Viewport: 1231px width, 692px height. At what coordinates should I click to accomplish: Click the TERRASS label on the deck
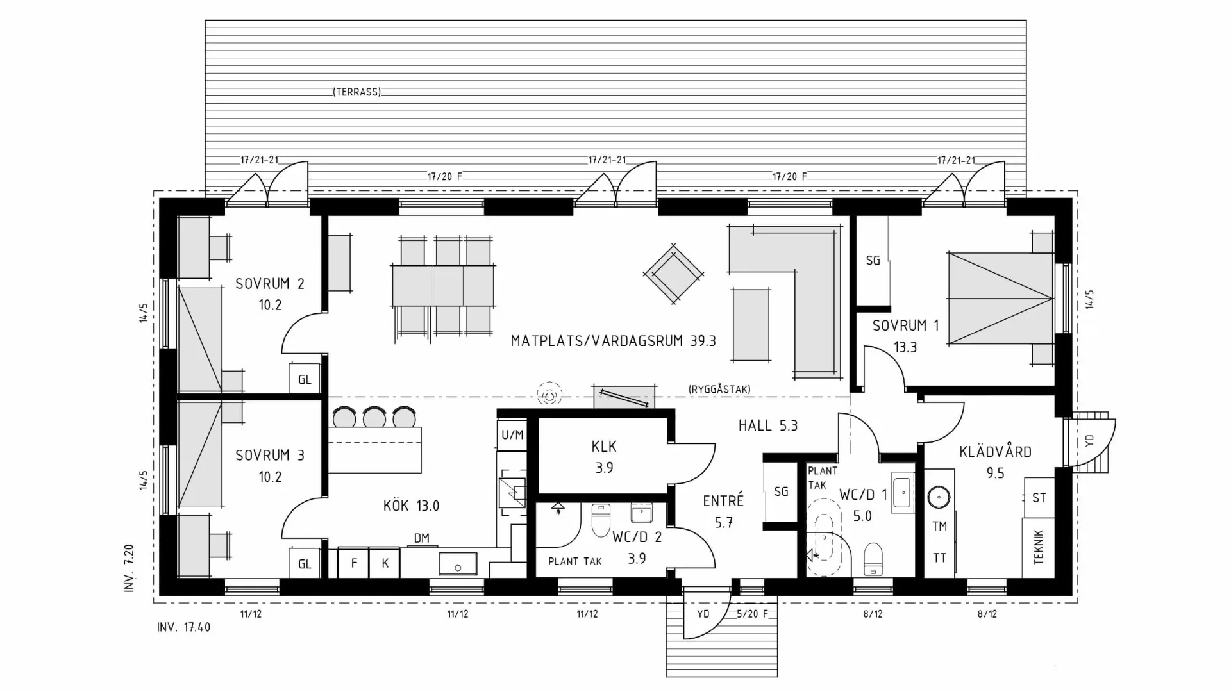point(356,92)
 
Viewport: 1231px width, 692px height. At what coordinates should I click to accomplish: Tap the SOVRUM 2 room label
point(269,293)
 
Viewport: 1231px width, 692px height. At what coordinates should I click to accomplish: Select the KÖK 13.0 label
point(411,506)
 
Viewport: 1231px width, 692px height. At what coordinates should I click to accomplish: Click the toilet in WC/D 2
point(601,520)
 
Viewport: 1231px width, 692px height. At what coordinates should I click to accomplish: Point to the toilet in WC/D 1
point(873,559)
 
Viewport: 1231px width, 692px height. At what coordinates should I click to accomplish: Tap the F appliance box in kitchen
point(353,563)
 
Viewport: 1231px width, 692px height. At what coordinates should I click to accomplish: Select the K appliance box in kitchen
point(385,563)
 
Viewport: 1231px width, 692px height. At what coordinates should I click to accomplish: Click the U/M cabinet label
point(512,435)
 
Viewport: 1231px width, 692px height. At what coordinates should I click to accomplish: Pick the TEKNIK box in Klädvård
point(1038,547)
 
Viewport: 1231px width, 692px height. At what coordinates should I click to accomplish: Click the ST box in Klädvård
point(1039,497)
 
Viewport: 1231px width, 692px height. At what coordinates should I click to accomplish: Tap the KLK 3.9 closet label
point(604,457)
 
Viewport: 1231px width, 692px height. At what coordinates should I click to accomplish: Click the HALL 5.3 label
point(767,425)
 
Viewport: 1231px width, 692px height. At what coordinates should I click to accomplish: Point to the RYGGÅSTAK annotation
point(719,389)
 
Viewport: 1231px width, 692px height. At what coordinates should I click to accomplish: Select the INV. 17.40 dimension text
point(183,627)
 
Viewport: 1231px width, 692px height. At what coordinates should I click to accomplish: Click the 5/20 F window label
point(752,614)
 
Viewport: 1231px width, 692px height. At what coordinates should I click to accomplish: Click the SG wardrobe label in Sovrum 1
point(873,261)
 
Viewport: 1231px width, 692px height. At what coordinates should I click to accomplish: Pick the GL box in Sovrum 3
point(304,564)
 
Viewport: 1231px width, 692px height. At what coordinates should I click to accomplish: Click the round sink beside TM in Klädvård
point(939,497)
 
